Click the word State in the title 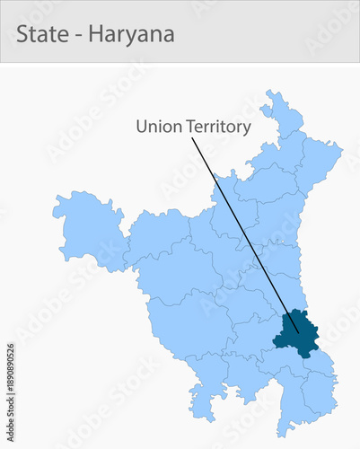pyautogui.click(x=40, y=35)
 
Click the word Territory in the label pyautogui.click(x=218, y=128)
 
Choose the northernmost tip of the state pyautogui.click(x=268, y=92)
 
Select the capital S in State pyautogui.click(x=22, y=35)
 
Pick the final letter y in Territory pyautogui.click(x=246, y=129)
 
